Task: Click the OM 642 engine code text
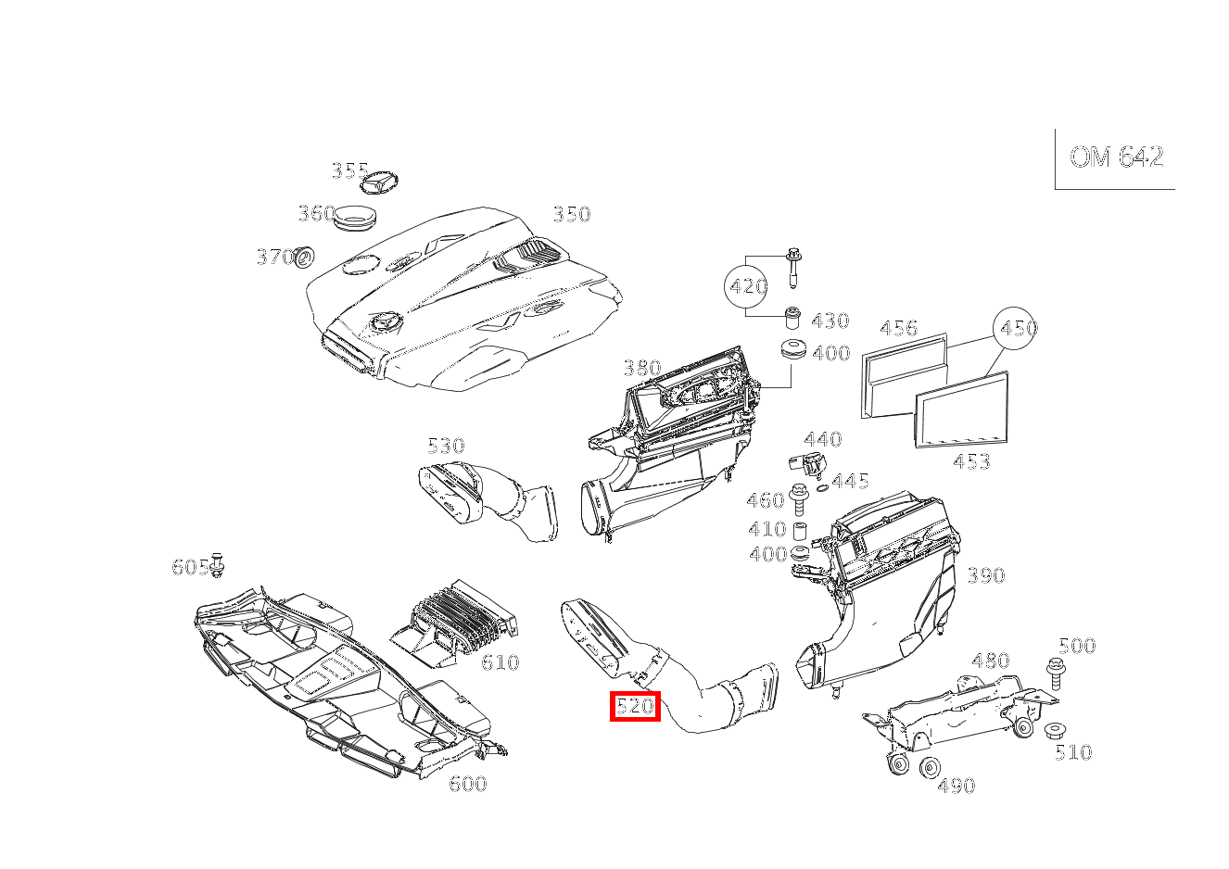pos(1116,157)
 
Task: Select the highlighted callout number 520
pos(635,706)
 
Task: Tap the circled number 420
pos(745,285)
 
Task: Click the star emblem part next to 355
pos(379,182)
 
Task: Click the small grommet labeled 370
pos(304,258)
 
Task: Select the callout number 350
pos(572,214)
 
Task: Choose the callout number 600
pos(467,784)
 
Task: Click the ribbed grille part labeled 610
pos(455,623)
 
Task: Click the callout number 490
pos(957,786)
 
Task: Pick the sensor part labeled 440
pos(806,466)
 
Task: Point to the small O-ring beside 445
pos(822,488)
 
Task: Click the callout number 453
pos(971,461)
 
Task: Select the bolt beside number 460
pos(797,500)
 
